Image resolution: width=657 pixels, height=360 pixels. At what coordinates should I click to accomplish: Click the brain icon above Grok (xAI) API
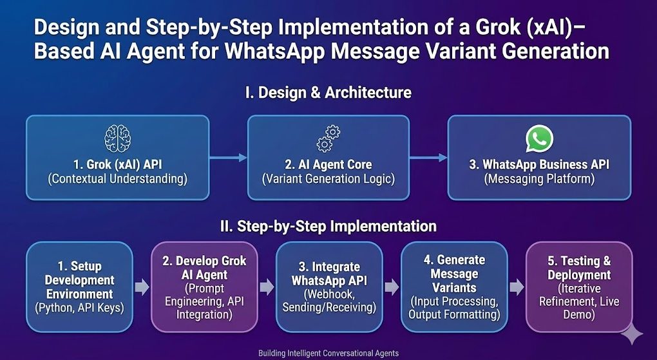pyautogui.click(x=117, y=138)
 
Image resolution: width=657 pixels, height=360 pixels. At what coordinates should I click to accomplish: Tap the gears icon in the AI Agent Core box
pyautogui.click(x=328, y=139)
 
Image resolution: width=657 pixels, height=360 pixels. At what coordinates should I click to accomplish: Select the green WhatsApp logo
pyautogui.click(x=539, y=138)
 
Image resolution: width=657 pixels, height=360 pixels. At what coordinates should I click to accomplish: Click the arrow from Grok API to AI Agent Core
pyautogui.click(x=229, y=157)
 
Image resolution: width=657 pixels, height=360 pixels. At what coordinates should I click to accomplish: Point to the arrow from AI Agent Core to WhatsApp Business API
pyautogui.click(x=428, y=157)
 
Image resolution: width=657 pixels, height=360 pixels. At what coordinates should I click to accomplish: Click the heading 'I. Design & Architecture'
pyautogui.click(x=328, y=92)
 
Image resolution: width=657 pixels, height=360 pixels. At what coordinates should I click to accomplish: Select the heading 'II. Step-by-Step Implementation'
pyautogui.click(x=328, y=226)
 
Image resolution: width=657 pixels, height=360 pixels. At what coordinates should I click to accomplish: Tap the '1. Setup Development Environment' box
pyautogui.click(x=79, y=287)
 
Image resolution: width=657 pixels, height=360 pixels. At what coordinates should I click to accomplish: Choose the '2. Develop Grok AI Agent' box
pyautogui.click(x=204, y=287)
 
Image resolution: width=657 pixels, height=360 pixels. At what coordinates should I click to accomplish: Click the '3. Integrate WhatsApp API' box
pyautogui.click(x=328, y=287)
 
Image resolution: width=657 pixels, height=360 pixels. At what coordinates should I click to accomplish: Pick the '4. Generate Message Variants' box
pyautogui.click(x=453, y=287)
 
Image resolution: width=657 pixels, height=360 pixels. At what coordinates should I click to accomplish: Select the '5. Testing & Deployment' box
pyautogui.click(x=579, y=287)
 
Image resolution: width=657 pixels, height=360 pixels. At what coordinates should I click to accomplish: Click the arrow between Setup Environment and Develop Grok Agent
pyautogui.click(x=142, y=287)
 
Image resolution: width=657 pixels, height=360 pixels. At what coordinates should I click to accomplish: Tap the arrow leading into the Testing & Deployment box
pyautogui.click(x=516, y=287)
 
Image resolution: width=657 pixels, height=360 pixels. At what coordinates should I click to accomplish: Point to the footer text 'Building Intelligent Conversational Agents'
pyautogui.click(x=328, y=353)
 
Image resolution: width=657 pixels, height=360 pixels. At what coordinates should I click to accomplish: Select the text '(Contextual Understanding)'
pyautogui.click(x=117, y=179)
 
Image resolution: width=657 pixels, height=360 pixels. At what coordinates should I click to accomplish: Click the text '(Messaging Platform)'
pyautogui.click(x=539, y=179)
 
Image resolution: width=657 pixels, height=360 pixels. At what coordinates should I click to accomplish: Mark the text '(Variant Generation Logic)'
pyautogui.click(x=328, y=179)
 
